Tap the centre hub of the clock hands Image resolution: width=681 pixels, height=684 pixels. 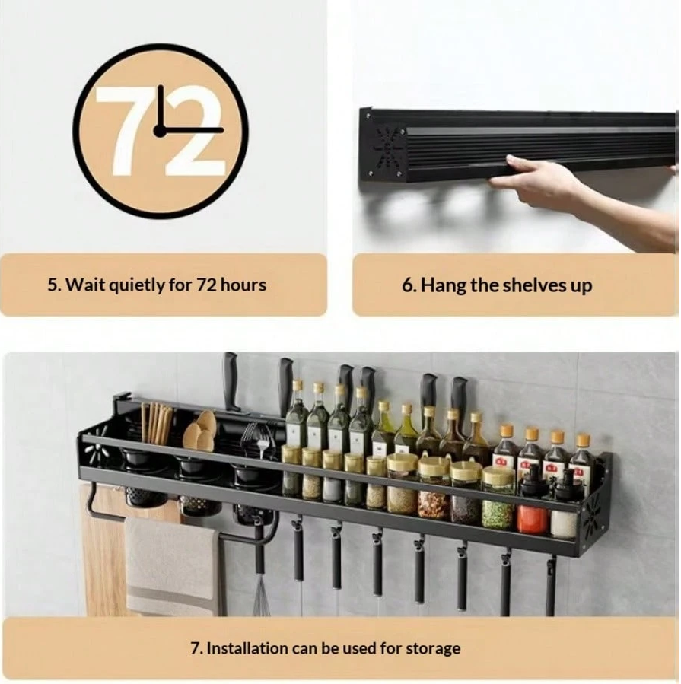tap(160, 130)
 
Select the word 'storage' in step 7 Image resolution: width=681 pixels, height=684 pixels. tap(433, 648)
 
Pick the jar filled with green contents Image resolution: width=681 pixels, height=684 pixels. tap(498, 498)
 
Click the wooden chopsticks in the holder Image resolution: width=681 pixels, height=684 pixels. tap(156, 423)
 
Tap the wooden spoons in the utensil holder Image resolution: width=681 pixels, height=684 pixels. tap(200, 432)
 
